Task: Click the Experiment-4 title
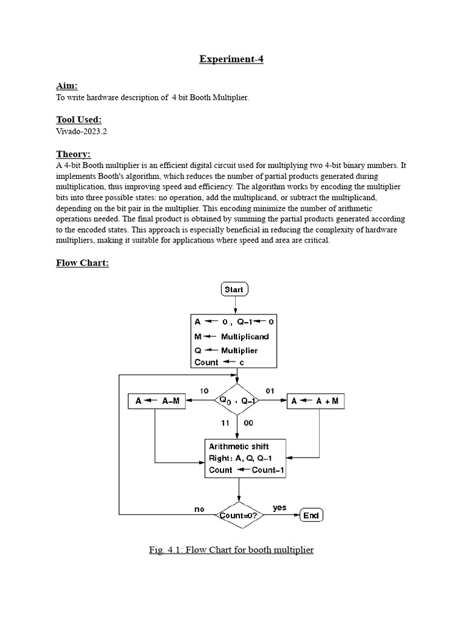click(231, 59)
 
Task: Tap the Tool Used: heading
click(79, 120)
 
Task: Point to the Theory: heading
click(73, 154)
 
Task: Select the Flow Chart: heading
click(82, 263)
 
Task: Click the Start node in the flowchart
click(234, 290)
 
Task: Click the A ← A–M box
click(156, 401)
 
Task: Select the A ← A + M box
click(315, 401)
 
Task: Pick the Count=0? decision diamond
click(240, 515)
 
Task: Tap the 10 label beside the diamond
click(204, 391)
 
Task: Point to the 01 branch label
click(270, 391)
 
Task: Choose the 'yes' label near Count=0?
click(279, 508)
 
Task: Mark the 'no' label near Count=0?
click(199, 510)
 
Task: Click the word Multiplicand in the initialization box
click(245, 337)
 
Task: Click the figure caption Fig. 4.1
click(231, 550)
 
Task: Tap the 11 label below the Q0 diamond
click(225, 423)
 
